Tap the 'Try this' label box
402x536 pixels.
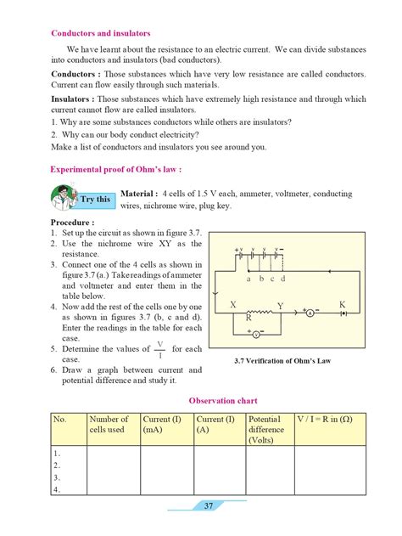95,200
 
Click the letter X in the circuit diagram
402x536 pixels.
233,303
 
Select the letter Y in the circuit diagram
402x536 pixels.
281,304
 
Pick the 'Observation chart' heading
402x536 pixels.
223,400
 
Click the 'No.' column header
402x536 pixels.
60,420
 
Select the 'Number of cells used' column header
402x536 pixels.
109,425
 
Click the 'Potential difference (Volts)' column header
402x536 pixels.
266,430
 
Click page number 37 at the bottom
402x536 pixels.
209,506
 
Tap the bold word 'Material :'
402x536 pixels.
141,193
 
